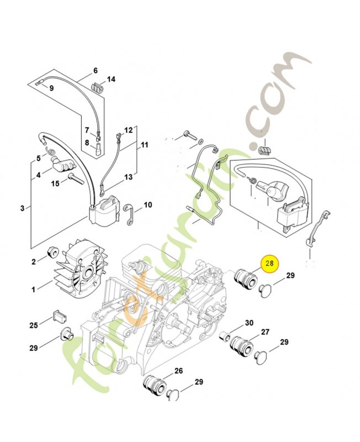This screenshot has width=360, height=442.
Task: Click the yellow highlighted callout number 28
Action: click(271, 264)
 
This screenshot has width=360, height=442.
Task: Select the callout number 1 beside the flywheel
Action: click(34, 289)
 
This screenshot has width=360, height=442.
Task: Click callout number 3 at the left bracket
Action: click(22, 208)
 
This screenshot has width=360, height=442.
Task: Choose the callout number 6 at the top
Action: click(95, 71)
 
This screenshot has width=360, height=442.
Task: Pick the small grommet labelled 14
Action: click(97, 87)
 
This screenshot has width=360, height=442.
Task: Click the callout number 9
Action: click(51, 88)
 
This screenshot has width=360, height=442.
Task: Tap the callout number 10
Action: click(147, 205)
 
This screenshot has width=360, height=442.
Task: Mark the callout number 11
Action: click(145, 145)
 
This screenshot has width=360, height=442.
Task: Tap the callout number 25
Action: click(34, 325)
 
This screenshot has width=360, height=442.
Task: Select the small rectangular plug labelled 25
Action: click(58, 315)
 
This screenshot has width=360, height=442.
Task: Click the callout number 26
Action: click(178, 371)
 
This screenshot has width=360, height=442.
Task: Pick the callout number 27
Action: click(264, 332)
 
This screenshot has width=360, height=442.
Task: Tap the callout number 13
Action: click(128, 177)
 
